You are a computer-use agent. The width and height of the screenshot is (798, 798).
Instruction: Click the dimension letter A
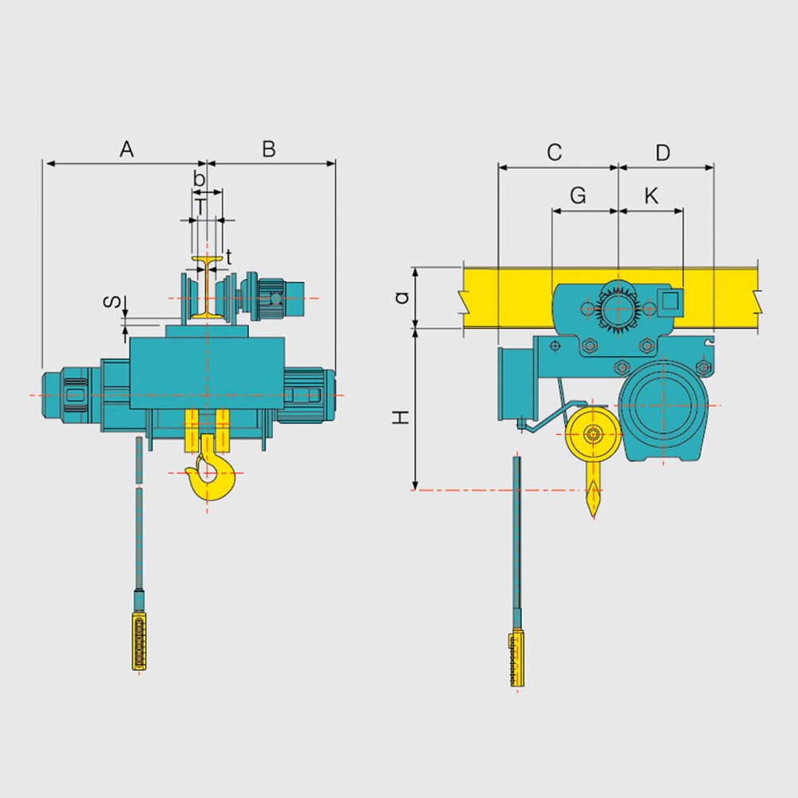click(x=127, y=149)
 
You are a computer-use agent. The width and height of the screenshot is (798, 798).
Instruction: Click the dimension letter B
click(x=269, y=149)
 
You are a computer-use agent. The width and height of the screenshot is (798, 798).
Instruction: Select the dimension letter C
click(x=555, y=152)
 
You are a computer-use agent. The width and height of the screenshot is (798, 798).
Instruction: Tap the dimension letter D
click(x=662, y=152)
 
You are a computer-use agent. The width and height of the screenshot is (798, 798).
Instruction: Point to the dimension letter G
click(x=578, y=196)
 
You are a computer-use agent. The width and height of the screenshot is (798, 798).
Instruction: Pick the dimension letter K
click(x=651, y=196)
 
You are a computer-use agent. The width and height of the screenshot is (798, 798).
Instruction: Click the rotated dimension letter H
click(x=401, y=417)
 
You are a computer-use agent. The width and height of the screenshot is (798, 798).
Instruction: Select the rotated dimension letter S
click(x=113, y=302)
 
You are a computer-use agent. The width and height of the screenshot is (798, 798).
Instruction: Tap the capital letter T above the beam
click(x=202, y=207)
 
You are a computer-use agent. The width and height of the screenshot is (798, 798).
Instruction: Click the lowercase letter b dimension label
click(x=199, y=179)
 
